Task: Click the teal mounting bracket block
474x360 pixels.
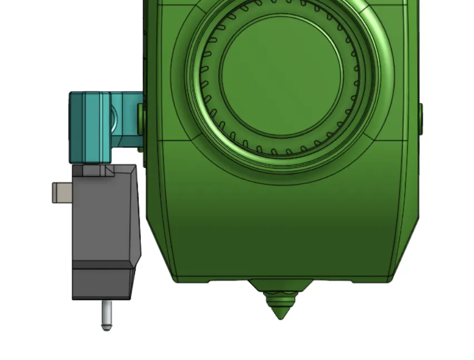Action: tap(89, 128)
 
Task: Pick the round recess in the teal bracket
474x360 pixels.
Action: tap(113, 117)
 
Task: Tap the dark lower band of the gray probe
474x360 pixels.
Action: tap(103, 284)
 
